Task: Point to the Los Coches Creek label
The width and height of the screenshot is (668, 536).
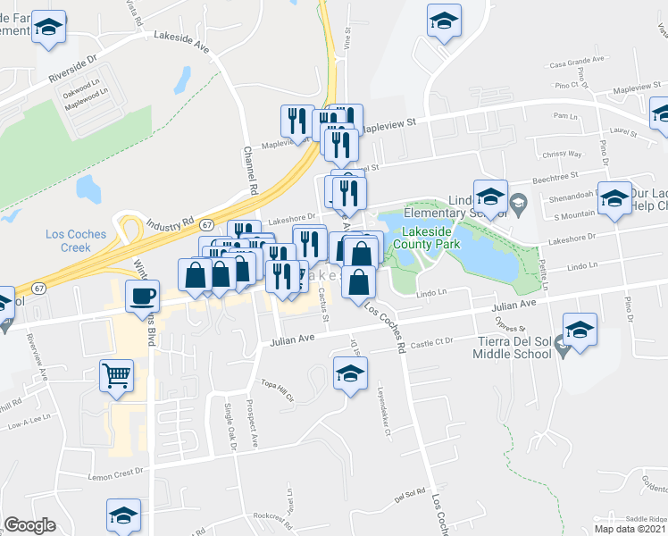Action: pyautogui.click(x=76, y=240)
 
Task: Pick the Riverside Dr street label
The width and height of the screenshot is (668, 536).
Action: pyautogui.click(x=72, y=71)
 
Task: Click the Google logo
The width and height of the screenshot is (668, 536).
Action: pyautogui.click(x=29, y=525)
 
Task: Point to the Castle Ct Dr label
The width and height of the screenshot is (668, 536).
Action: pyautogui.click(x=434, y=342)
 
